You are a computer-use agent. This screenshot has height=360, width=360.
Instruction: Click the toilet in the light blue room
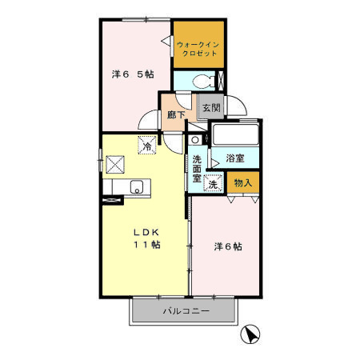(203, 81)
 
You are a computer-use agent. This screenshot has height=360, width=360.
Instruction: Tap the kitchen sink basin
(137, 186)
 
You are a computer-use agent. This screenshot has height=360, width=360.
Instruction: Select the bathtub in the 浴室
(236, 134)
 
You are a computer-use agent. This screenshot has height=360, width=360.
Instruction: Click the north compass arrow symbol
(250, 334)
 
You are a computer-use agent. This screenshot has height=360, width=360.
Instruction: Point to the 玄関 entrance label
(211, 108)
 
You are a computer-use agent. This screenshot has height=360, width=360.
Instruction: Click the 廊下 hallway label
(176, 114)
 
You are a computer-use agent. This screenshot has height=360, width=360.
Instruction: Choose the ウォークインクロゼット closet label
(198, 49)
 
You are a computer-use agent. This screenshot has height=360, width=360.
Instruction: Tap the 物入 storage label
(243, 183)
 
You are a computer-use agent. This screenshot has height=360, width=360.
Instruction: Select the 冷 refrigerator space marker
(147, 146)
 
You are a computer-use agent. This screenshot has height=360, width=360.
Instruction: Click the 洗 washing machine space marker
(213, 184)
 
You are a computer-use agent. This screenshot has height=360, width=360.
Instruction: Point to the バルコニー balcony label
(186, 311)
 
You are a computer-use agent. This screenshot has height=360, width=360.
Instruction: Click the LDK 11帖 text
(146, 238)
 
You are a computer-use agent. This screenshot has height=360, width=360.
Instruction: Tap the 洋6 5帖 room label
(133, 74)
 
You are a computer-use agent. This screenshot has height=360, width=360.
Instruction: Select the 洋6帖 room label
(228, 246)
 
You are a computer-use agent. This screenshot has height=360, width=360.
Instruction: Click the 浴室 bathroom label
(235, 158)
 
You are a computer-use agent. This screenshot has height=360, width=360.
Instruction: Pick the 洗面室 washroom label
(197, 169)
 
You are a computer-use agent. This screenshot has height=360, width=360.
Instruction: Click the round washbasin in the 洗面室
(195, 139)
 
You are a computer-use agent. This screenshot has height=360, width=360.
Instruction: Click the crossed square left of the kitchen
(115, 165)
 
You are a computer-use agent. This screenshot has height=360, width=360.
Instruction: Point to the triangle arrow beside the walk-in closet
(166, 41)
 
